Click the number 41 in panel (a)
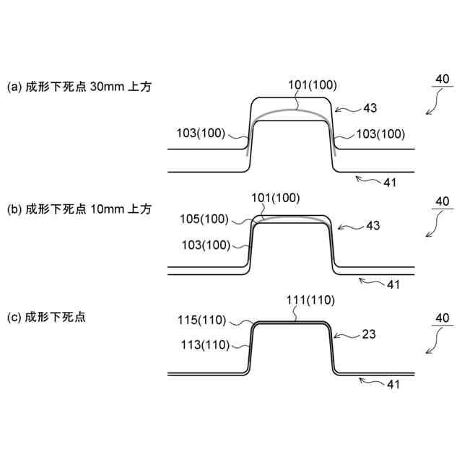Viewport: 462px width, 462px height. [x=390, y=183]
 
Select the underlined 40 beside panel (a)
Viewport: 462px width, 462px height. [x=442, y=79]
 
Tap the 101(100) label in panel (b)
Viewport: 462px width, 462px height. [x=275, y=197]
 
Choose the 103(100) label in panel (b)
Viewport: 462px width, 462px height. [x=206, y=245]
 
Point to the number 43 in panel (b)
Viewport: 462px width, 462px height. [x=373, y=226]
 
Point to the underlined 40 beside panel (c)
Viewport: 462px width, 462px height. [x=442, y=318]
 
